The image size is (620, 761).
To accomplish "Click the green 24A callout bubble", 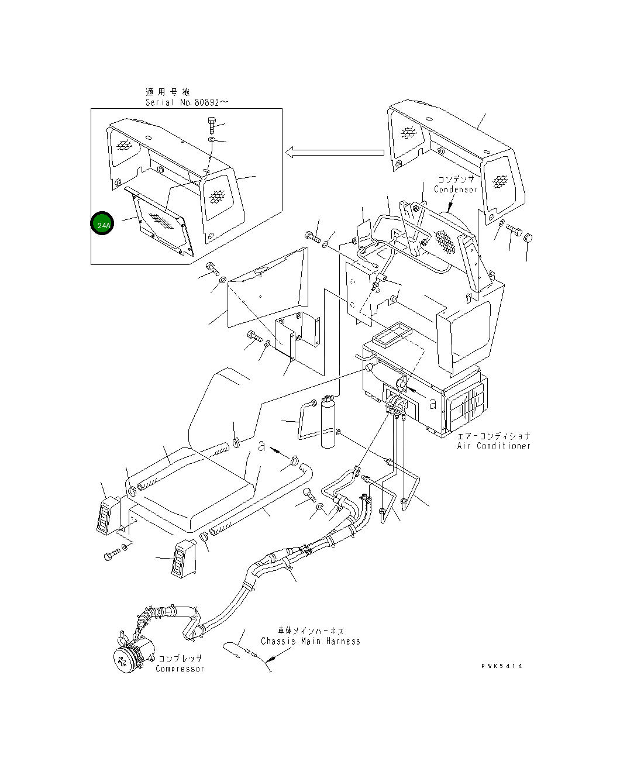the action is coord(102,224).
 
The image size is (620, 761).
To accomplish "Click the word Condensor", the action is coord(456,190).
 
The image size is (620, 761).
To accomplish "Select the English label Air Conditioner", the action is coord(494,446).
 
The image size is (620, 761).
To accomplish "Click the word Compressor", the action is coord(180,669).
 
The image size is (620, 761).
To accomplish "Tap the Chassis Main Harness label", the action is coord(310,641).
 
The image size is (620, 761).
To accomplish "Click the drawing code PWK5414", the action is coord(502,666).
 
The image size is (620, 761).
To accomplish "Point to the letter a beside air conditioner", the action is coord(432,404).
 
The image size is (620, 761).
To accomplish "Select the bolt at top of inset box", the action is coord(212,125).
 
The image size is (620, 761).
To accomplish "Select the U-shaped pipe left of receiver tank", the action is coord(304,419).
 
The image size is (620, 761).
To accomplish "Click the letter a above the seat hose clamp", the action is coord(262,447).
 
